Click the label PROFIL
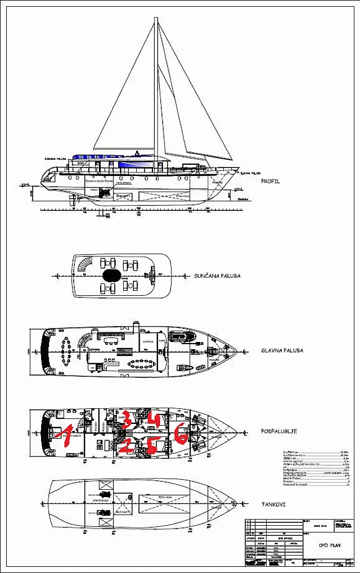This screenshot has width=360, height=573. point(270,182)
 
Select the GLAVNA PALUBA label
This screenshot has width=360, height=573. point(282,350)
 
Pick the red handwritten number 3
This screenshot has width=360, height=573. point(127,419)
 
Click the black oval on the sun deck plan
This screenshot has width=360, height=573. point(111,276)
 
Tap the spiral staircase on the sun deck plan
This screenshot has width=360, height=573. point(83,267)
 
